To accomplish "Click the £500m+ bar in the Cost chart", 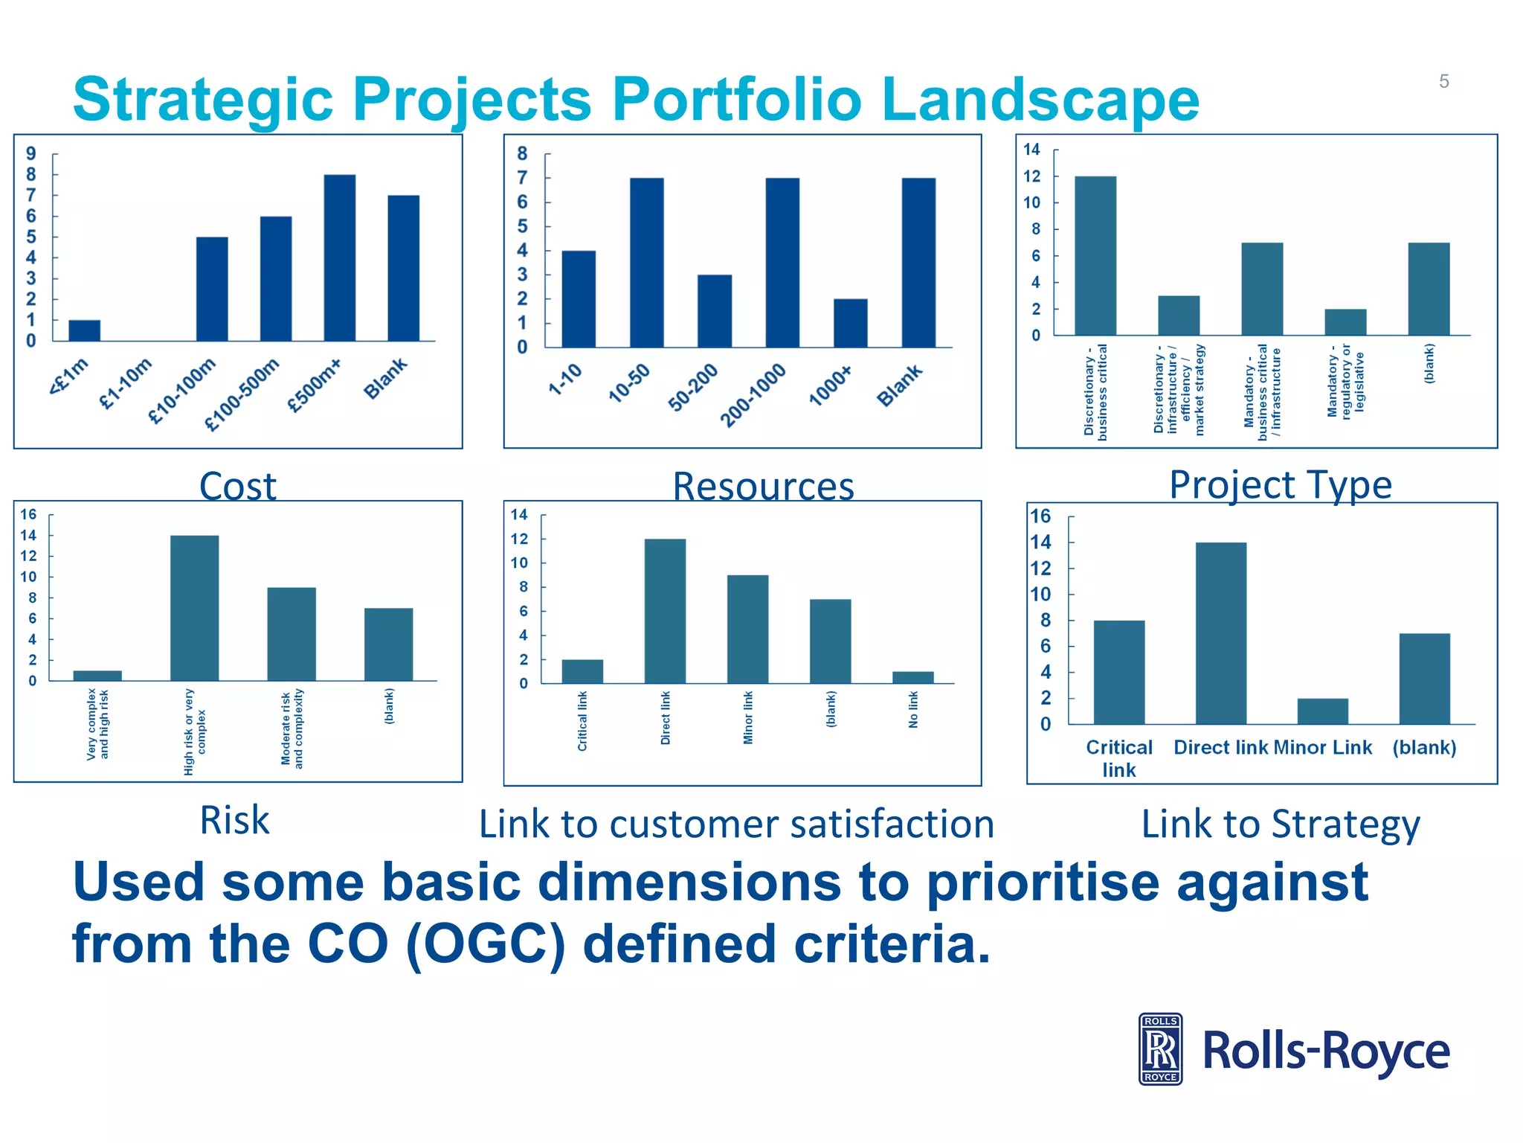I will (x=339, y=257).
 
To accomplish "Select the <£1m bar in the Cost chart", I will (x=84, y=330).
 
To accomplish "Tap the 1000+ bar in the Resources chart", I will (x=850, y=323).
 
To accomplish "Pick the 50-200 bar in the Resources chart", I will (x=714, y=311).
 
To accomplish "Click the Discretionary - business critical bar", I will (x=1095, y=255).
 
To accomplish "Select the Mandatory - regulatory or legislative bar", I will (x=1345, y=321).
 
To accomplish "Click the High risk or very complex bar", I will (x=194, y=607).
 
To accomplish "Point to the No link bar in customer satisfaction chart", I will (x=912, y=677).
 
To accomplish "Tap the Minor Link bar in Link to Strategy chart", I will (x=1322, y=711).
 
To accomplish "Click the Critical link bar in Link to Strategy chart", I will (x=1118, y=672).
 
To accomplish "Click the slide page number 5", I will (x=1443, y=81).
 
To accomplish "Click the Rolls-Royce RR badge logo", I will (x=1160, y=1049).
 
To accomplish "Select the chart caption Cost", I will (x=238, y=486).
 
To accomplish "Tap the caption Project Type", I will (x=1280, y=484).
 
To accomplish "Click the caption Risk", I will (x=234, y=820).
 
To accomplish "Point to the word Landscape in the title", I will (x=1040, y=100).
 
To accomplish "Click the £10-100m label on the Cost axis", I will (x=182, y=391).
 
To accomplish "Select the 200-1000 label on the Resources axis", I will (x=753, y=395).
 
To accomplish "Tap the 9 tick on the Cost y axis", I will (x=30, y=154).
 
